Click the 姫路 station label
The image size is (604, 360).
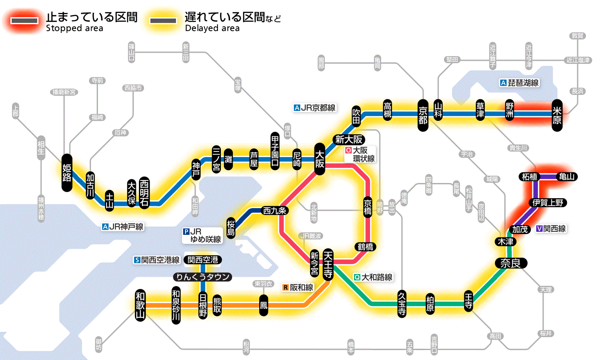(x=67, y=172)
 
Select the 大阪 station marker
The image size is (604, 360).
(x=320, y=159)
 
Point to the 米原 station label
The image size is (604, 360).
(x=557, y=114)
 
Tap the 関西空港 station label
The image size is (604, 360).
(x=203, y=260)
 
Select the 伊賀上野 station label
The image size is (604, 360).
(x=548, y=202)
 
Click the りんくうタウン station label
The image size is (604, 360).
(x=202, y=277)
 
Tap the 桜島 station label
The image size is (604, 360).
(x=231, y=227)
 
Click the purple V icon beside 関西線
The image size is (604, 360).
(x=539, y=229)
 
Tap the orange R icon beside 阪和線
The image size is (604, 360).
(x=286, y=287)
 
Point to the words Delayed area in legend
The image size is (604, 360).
(x=212, y=28)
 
